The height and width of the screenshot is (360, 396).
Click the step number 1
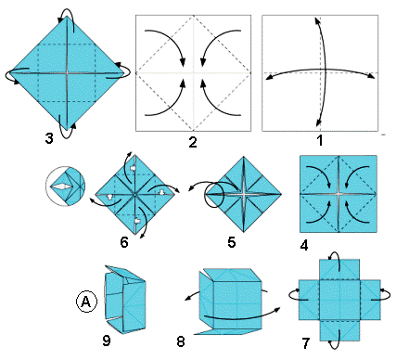pos(320,141)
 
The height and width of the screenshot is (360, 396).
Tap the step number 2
pos(193,142)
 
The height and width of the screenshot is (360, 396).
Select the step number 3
pos(49,138)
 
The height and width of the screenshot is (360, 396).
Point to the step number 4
pos(304,246)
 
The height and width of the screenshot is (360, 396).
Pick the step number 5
pos(232,242)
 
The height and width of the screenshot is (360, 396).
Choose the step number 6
pos(124,242)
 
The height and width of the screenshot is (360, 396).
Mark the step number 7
pos(305,343)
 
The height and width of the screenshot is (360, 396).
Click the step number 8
pos(181,341)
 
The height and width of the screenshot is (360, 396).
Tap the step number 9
pos(106,341)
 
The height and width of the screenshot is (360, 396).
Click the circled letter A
pos(86,301)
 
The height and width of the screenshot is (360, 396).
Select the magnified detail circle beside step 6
pos(65,186)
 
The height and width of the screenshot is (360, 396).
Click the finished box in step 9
pos(124,299)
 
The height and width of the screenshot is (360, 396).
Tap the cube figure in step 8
pos(231,301)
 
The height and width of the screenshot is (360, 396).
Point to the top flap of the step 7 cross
pos(339,270)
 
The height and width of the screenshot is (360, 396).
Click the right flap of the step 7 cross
pos(370,300)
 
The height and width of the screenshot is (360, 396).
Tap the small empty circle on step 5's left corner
pos(215,195)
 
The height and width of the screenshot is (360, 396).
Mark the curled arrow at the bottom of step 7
pos(335,341)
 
